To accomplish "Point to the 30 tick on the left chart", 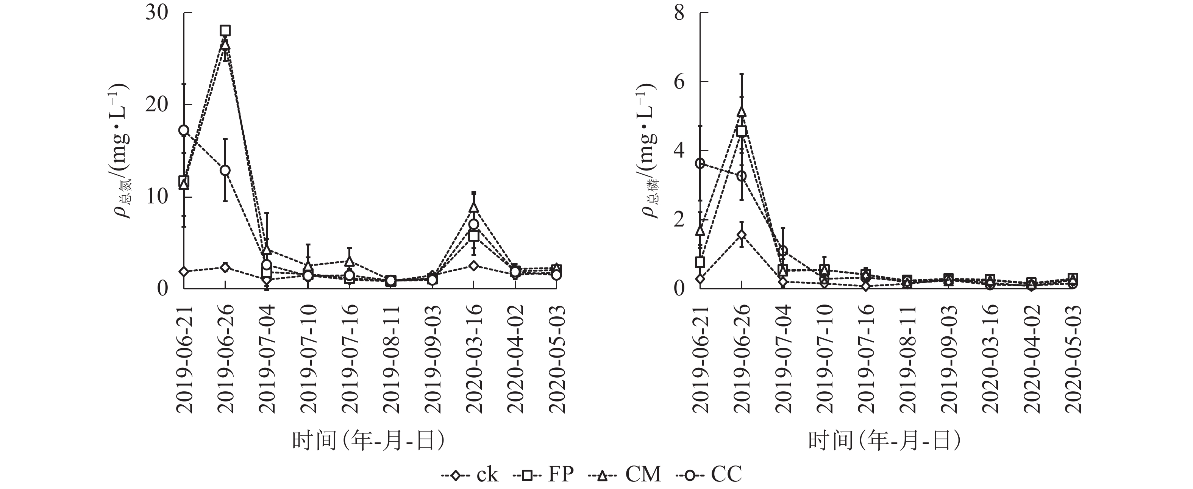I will click(156, 13).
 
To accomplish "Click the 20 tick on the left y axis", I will click(156, 105).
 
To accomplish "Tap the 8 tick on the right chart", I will click(679, 13).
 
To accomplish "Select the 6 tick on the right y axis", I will click(679, 82).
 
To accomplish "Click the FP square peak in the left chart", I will click(225, 31).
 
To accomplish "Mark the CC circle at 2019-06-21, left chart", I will click(184, 130).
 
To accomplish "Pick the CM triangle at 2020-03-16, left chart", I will click(473, 207).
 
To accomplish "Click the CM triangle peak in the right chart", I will click(742, 112).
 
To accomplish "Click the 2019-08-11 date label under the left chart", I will click(391, 359).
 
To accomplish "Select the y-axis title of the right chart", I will click(650, 150).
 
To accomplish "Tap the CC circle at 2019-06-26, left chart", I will click(225, 170).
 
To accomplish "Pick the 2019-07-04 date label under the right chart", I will click(783, 359).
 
